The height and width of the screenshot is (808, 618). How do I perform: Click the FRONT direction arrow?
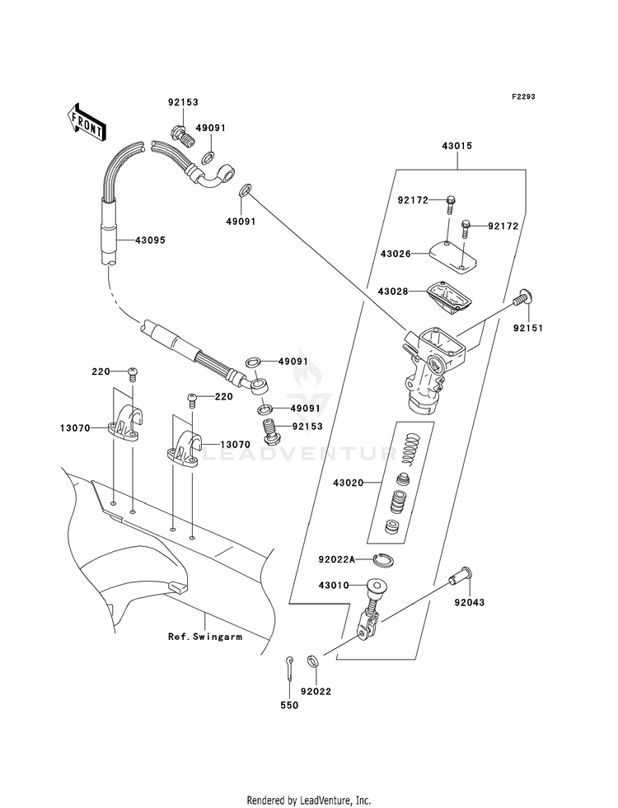[x=86, y=122]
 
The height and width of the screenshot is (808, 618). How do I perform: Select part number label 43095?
[x=151, y=241]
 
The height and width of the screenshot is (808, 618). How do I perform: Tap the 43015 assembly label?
[x=456, y=146]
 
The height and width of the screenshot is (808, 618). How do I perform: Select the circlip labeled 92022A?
[x=383, y=560]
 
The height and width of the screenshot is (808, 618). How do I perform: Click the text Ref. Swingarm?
[x=205, y=637]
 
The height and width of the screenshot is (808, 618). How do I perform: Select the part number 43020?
[x=348, y=483]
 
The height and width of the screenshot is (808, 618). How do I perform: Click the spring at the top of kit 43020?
[x=412, y=449]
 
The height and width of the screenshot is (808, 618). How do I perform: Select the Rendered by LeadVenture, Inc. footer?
[x=309, y=801]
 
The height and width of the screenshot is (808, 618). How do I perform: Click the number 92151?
[x=527, y=329]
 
